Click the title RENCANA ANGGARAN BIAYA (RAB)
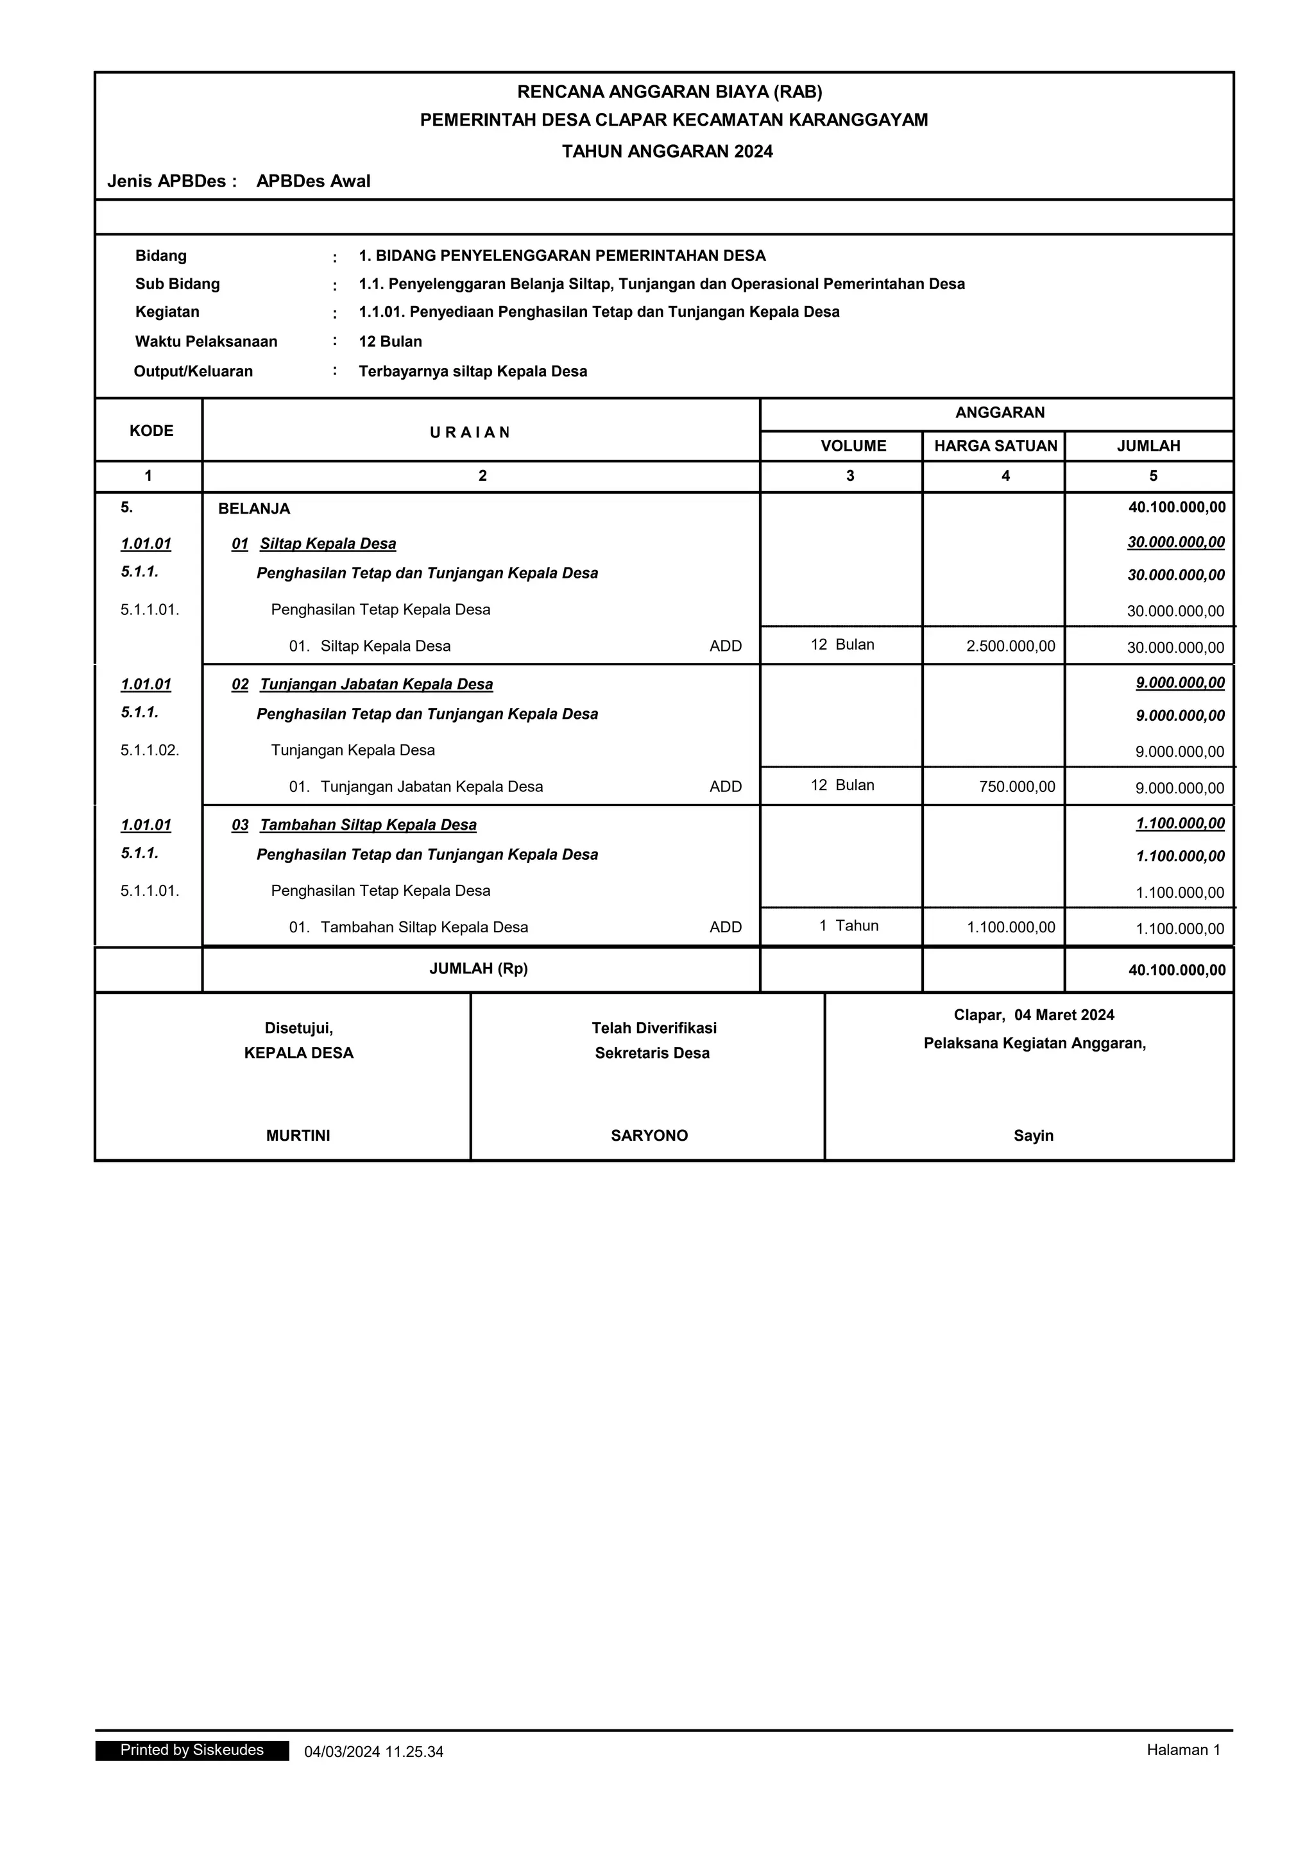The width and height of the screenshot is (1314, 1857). [x=669, y=92]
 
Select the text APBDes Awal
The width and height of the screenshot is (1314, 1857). [x=313, y=181]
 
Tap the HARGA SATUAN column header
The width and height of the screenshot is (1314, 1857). [x=995, y=446]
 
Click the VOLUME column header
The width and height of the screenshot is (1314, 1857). [x=853, y=446]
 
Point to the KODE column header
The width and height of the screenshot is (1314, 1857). [x=151, y=430]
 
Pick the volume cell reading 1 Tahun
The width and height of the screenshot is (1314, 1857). [x=848, y=925]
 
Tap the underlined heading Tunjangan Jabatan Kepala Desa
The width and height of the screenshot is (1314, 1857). [x=375, y=684]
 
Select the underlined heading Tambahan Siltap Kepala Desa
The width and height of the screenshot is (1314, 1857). [x=368, y=825]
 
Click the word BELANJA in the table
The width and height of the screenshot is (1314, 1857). [x=254, y=508]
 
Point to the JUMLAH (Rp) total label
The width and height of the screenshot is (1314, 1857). [x=478, y=968]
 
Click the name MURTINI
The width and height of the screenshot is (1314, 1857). [x=298, y=1136]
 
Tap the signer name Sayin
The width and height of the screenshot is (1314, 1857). [x=1033, y=1136]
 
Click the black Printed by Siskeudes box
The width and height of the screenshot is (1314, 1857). [x=192, y=1751]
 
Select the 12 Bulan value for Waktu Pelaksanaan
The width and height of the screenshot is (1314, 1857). [x=390, y=341]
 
